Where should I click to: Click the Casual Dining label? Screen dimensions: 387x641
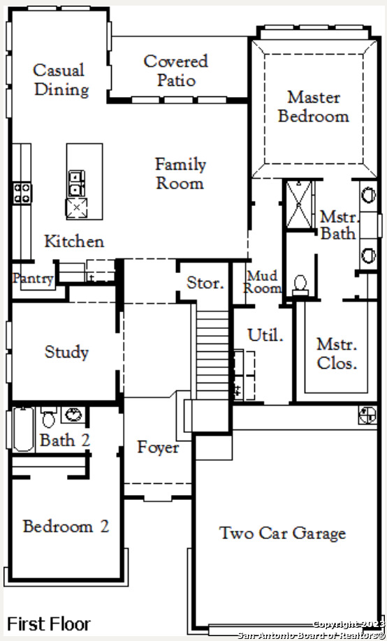[x=61, y=80]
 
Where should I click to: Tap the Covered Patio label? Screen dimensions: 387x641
[x=176, y=71]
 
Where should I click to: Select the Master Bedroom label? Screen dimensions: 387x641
[x=314, y=107]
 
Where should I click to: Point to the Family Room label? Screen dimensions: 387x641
[x=180, y=174]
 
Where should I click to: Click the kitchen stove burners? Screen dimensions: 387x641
[x=22, y=193]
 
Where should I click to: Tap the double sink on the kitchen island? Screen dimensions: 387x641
[x=77, y=183]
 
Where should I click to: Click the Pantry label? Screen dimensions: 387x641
[x=33, y=279]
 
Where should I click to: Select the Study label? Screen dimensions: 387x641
[x=66, y=352]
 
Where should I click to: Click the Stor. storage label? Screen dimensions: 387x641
[x=205, y=283]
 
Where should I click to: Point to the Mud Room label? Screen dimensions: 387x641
[x=262, y=282]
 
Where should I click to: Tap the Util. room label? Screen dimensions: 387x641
[x=265, y=334]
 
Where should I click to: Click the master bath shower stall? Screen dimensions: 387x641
[x=300, y=205]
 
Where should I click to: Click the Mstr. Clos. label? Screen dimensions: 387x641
[x=337, y=354]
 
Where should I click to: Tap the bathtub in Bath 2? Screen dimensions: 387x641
[x=23, y=429]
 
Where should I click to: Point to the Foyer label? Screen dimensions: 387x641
[x=158, y=447]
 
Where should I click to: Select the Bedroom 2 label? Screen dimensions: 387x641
[x=66, y=526]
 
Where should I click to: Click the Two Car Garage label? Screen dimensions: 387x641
[x=283, y=533]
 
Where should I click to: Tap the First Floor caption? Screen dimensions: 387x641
[x=49, y=624]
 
